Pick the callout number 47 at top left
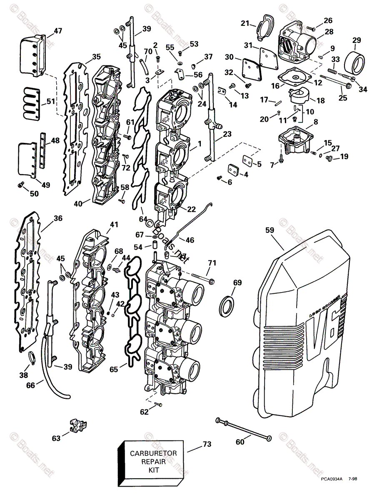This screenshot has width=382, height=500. click(x=57, y=30)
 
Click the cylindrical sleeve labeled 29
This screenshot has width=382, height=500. click(x=356, y=60)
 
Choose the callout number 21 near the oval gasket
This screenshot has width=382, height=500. click(x=245, y=23)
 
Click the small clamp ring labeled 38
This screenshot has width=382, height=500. click(x=30, y=357)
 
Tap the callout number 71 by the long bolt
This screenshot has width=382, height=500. click(x=212, y=263)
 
